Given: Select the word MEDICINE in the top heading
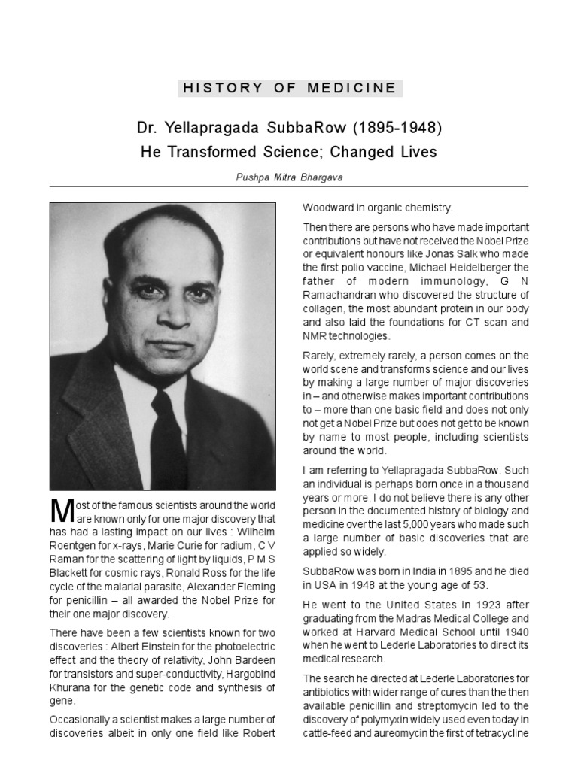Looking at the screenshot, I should pyautogui.click(x=351, y=88).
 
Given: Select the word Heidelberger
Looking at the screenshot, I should pyautogui.click(x=493, y=267).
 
